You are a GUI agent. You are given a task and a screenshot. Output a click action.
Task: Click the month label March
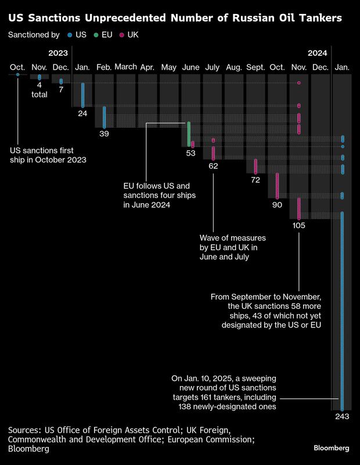point(125,67)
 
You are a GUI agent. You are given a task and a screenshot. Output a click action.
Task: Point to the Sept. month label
point(255,68)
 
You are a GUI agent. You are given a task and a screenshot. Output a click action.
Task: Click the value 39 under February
point(104,134)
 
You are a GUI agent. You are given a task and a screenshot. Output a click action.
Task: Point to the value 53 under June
point(190,153)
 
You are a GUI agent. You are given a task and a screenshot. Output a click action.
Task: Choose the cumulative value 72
point(255,180)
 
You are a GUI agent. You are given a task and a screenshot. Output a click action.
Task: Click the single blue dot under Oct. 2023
point(18,74)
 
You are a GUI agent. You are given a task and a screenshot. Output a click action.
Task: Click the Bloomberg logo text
point(332,448)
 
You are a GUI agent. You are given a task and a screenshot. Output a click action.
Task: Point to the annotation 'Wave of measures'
point(232,239)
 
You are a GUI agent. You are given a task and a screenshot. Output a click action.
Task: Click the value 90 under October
point(277,204)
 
